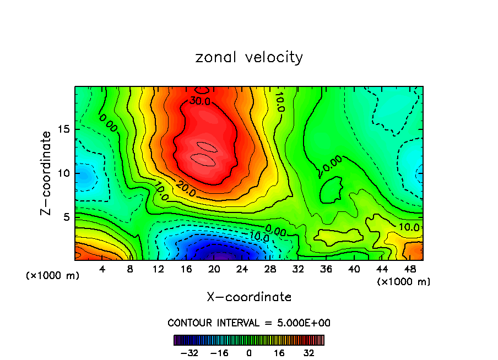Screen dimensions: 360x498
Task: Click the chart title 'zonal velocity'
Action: click(249, 57)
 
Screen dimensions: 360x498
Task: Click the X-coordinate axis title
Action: click(249, 297)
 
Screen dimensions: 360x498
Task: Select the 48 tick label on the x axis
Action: click(410, 269)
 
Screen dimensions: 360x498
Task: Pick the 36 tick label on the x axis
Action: click(326, 269)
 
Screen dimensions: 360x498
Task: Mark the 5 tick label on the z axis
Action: click(65, 217)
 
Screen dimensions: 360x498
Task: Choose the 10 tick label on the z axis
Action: click(62, 173)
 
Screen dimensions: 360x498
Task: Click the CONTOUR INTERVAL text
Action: click(249, 323)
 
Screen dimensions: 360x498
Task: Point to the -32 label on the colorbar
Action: click(190, 352)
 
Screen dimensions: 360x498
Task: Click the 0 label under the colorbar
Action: click(249, 352)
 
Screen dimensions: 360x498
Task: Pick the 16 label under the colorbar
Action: click(279, 352)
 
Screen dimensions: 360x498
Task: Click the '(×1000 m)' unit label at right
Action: click(403, 282)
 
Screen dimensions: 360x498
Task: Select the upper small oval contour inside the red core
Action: click(207, 147)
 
